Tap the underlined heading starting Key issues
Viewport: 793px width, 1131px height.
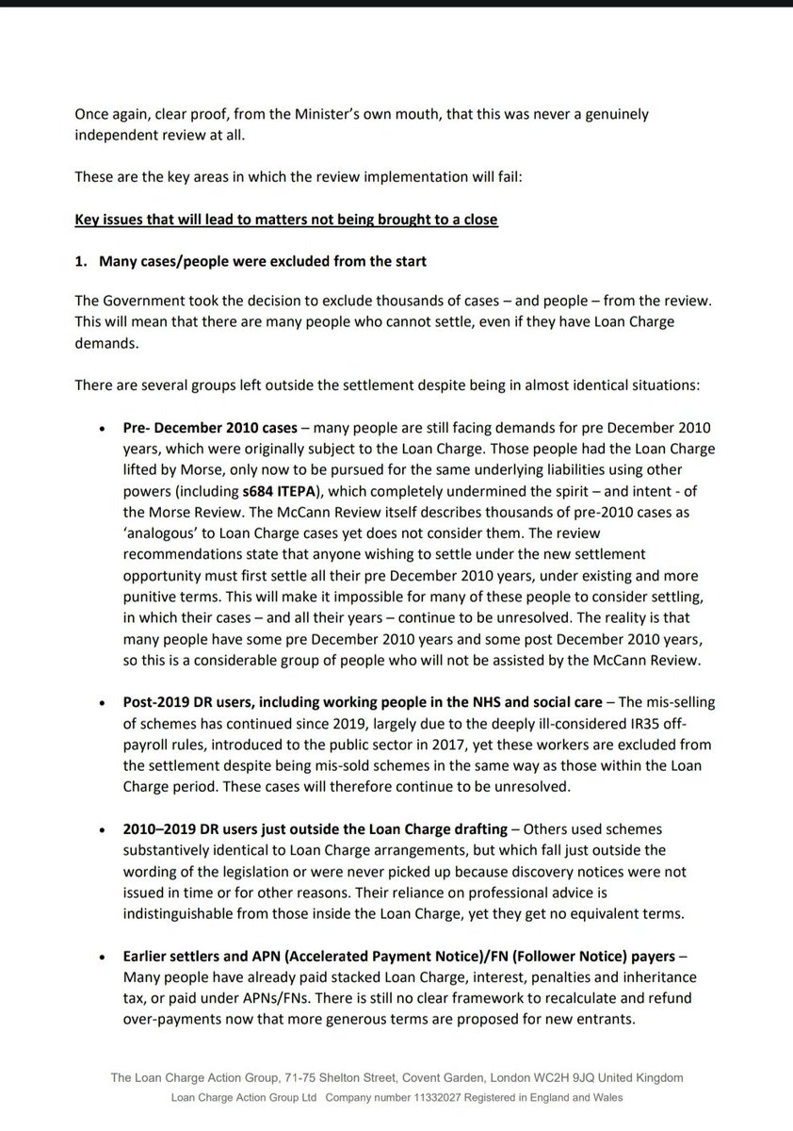(285, 220)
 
